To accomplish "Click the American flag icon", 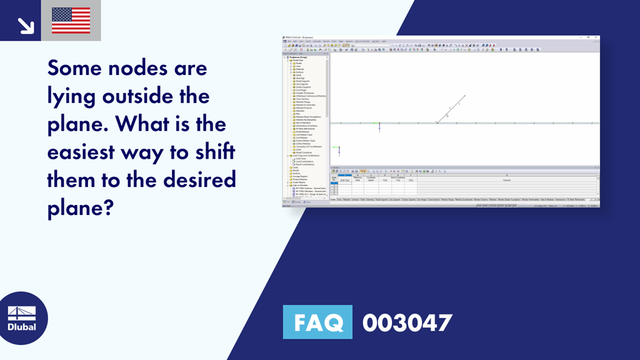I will tap(71, 21).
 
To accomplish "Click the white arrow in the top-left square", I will tap(25, 24).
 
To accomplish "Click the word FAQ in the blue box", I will tap(317, 322).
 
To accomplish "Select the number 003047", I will tap(407, 322).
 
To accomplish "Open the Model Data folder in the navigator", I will tap(298, 60).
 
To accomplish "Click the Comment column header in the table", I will tap(506, 180).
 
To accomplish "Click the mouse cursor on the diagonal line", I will tap(447, 115).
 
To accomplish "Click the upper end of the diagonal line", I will tap(465, 96).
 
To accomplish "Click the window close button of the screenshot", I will tap(597, 37).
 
